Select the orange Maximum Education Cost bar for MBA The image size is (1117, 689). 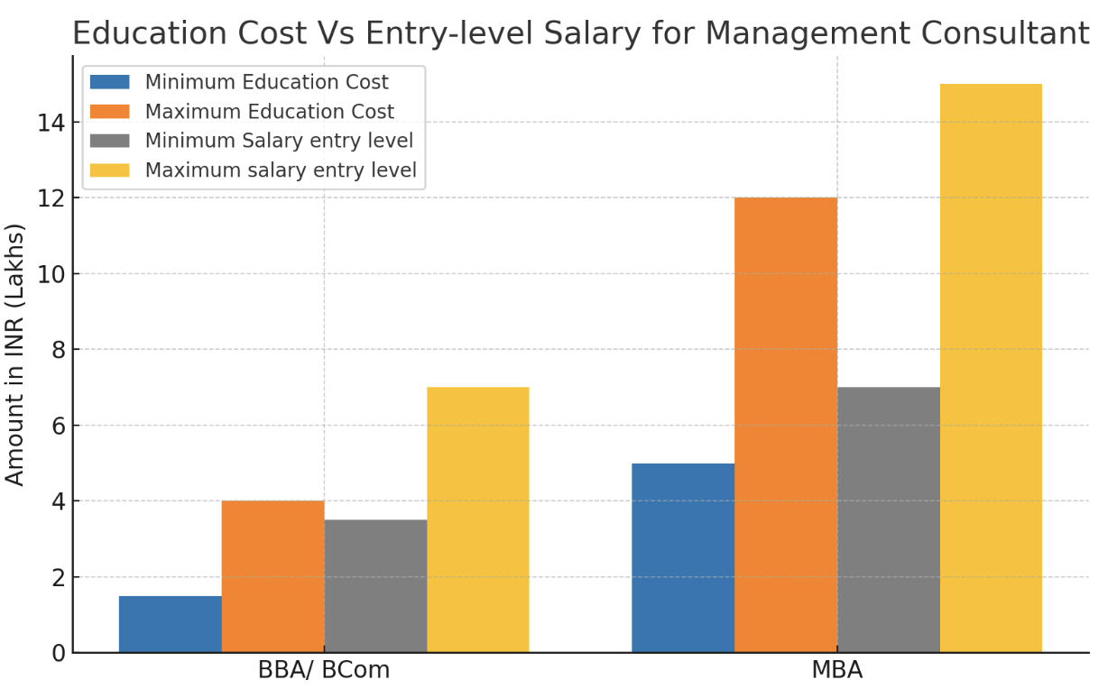click(786, 425)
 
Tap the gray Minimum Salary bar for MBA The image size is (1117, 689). click(889, 519)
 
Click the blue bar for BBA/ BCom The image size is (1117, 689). click(171, 624)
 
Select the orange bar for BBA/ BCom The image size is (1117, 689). click(272, 576)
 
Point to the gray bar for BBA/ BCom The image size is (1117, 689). click(375, 586)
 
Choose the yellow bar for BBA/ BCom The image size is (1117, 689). click(478, 519)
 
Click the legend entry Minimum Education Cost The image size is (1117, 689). click(266, 82)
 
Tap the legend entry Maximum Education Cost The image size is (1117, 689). click(269, 112)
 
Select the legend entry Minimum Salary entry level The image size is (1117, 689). click(279, 141)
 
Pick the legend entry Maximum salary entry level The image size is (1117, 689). click(281, 170)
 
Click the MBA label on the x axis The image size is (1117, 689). click(837, 671)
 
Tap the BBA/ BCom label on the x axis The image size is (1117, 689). click(324, 671)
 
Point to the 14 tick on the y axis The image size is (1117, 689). click(52, 122)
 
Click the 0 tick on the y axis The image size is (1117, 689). click(59, 653)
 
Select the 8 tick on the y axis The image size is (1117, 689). click(59, 349)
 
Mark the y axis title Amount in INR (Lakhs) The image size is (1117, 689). click(15, 354)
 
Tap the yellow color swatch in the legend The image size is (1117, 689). click(110, 170)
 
